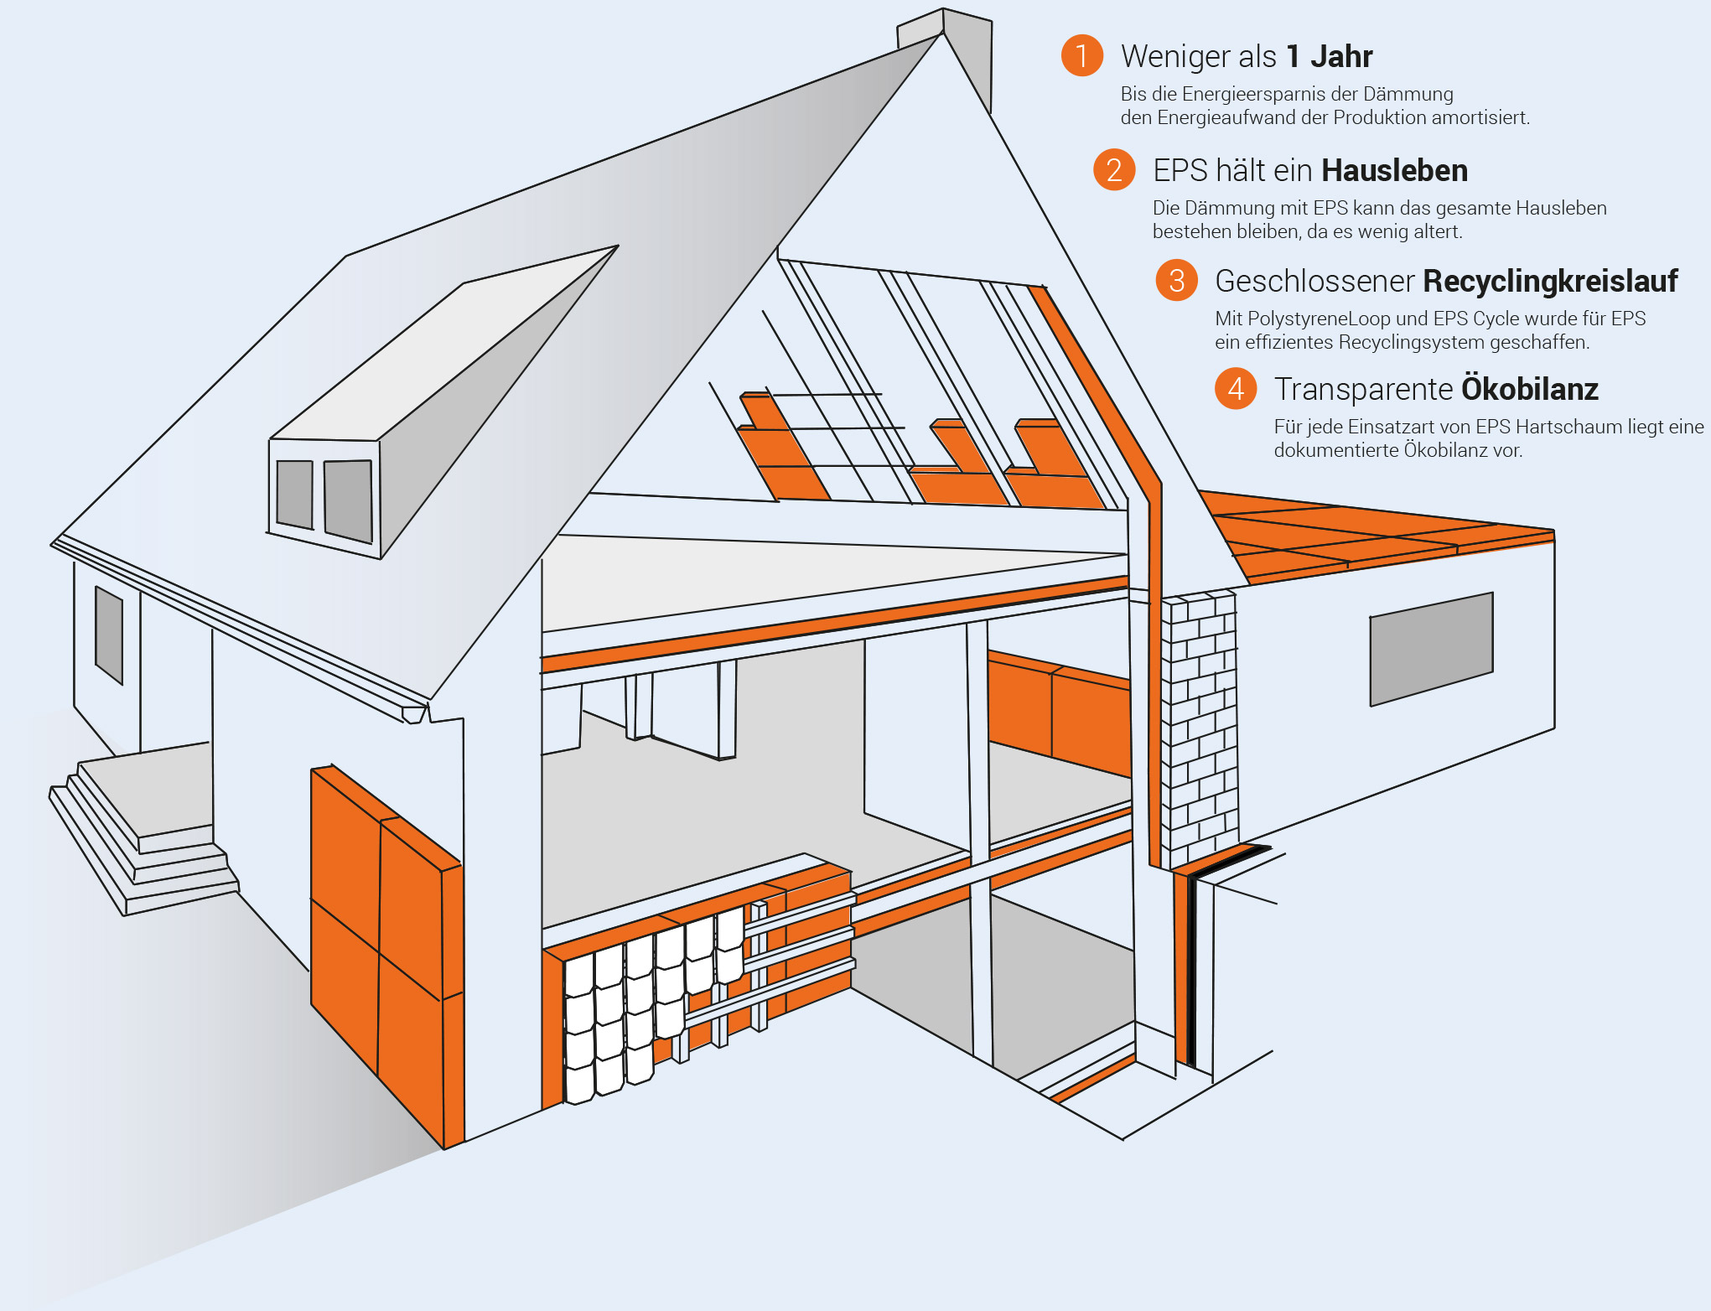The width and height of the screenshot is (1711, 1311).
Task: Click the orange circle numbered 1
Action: (x=1081, y=55)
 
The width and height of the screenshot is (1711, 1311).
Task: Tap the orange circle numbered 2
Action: (x=1114, y=169)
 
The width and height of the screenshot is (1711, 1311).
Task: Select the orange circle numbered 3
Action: (x=1176, y=280)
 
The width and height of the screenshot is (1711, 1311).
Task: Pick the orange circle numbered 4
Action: (x=1236, y=388)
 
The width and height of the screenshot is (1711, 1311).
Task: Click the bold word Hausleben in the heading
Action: (x=1394, y=170)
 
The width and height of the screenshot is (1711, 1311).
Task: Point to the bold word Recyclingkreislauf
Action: (x=1550, y=281)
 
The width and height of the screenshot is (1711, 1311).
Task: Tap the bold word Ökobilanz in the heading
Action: (x=1529, y=388)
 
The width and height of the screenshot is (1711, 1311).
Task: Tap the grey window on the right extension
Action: (x=1431, y=648)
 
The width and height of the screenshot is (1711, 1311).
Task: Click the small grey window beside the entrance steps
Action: (x=109, y=634)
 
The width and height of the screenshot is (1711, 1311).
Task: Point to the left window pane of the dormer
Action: (x=294, y=494)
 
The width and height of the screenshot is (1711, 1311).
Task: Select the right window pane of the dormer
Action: (x=348, y=500)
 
